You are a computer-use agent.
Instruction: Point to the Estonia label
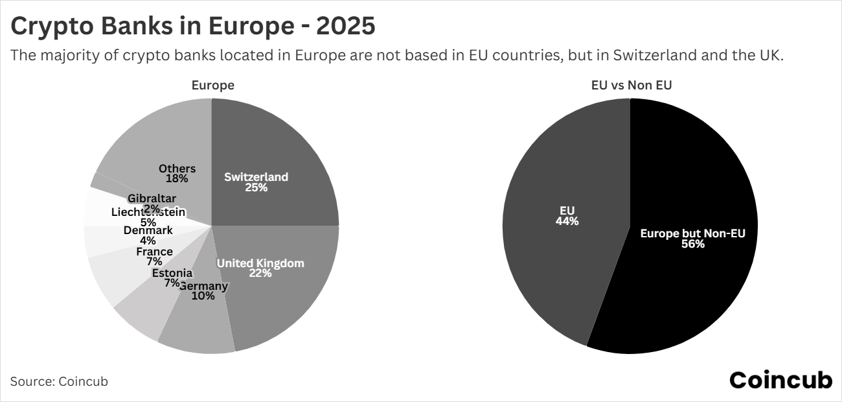point(172,273)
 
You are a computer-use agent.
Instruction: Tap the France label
point(154,252)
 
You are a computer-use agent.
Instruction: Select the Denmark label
point(148,230)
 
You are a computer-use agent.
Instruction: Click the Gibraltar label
point(152,198)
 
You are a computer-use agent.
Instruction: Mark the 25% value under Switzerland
point(256,187)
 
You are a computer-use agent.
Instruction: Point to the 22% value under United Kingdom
point(260,274)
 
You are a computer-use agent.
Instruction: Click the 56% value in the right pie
point(693,244)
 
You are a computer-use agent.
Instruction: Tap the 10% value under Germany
point(203,296)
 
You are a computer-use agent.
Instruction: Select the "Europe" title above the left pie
point(212,85)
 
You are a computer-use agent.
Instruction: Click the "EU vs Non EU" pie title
point(631,85)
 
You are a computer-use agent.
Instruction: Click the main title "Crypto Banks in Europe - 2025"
point(192,27)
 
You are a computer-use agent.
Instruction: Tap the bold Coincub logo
point(780,381)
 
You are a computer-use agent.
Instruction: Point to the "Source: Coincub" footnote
point(59,381)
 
